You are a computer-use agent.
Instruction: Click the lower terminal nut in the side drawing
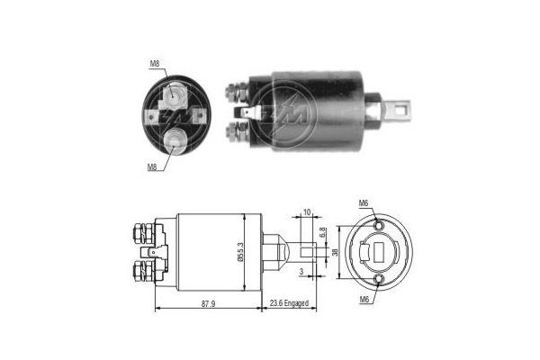tap(143, 270)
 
